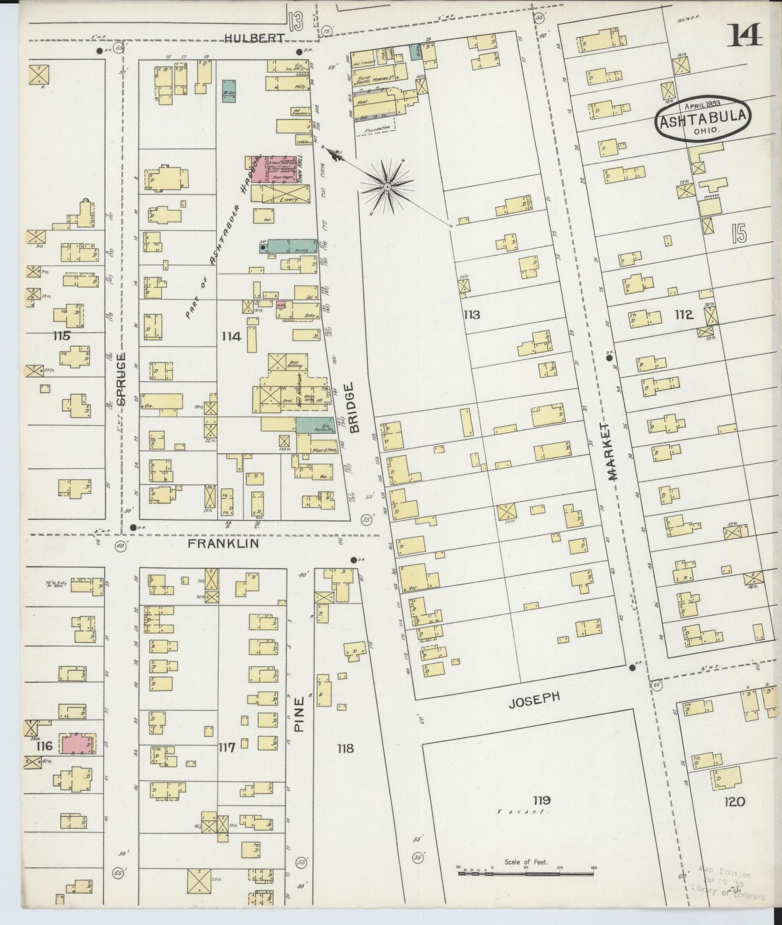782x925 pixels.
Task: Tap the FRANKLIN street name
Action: pos(223,544)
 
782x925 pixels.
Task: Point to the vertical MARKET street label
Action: pos(612,451)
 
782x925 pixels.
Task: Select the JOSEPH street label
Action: pos(534,700)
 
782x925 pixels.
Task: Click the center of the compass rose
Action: pos(387,187)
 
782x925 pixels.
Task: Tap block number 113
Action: pos(471,314)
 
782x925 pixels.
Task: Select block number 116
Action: pos(44,746)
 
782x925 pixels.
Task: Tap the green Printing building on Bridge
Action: pos(292,246)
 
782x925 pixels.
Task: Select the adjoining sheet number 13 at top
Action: pos(295,23)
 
